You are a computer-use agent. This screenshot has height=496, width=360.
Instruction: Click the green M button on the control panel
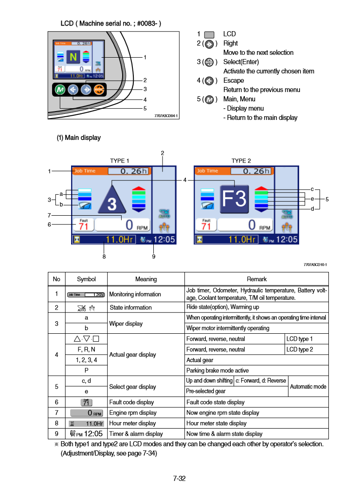tap(60, 89)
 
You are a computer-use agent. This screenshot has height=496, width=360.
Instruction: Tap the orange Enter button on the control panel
tap(99, 89)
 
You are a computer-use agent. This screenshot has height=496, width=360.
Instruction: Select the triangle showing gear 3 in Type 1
tap(110, 199)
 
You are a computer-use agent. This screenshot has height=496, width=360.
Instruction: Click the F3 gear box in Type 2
tap(234, 199)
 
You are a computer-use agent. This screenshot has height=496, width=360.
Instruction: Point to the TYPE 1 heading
tap(119, 161)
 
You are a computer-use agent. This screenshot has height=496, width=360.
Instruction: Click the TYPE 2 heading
tap(241, 161)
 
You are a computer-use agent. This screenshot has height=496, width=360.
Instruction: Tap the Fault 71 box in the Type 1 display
tap(84, 225)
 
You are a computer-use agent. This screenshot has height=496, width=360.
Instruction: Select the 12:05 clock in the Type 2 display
tap(288, 239)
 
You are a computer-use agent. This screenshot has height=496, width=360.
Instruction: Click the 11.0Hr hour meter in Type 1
tap(119, 239)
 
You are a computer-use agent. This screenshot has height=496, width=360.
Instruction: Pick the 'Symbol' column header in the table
tap(86, 279)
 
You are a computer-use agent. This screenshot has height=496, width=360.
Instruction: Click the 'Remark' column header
tap(256, 279)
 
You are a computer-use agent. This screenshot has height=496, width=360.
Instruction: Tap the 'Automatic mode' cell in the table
tap(308, 386)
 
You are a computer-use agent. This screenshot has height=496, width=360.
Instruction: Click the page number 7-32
tap(180, 478)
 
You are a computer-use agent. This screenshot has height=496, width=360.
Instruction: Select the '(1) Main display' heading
tap(78, 138)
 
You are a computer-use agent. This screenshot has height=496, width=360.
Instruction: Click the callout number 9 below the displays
tap(153, 256)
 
